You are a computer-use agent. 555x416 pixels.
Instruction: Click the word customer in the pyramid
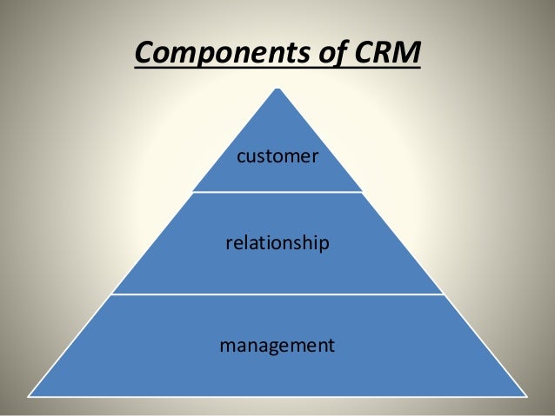(277, 157)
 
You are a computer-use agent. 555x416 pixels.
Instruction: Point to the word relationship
(277, 244)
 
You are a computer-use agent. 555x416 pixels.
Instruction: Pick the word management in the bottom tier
(277, 346)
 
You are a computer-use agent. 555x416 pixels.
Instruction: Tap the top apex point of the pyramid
(277, 88)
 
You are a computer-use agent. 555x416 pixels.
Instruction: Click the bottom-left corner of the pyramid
(30, 396)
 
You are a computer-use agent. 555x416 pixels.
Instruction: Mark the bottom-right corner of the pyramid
(525, 396)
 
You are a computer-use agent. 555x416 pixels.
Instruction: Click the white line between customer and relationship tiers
(277, 192)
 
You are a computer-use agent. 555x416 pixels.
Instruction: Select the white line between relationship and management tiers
(277, 294)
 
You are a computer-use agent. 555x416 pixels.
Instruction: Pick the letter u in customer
(251, 158)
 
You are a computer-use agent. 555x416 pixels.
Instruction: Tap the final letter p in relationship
(324, 246)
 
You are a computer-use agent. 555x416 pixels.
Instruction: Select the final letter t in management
(331, 346)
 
